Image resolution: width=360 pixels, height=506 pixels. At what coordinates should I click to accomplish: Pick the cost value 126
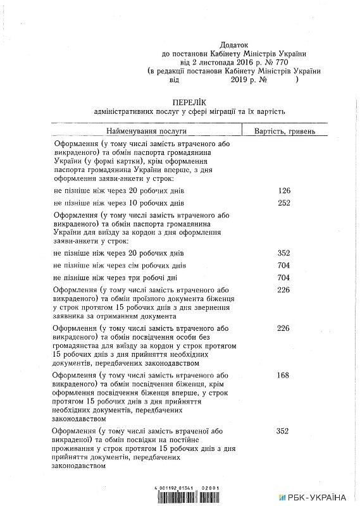(x=283, y=190)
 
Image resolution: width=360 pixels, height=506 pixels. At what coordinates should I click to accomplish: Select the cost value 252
(x=283, y=204)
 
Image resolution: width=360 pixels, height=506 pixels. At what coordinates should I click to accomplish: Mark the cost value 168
(x=283, y=376)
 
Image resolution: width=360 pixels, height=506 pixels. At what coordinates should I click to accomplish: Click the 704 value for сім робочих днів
(x=283, y=266)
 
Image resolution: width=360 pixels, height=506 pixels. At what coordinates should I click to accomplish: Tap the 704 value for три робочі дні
(x=283, y=278)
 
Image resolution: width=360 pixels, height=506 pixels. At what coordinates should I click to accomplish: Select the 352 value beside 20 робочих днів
(x=283, y=252)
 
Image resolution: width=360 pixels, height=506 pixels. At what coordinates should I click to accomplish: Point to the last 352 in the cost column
(x=283, y=431)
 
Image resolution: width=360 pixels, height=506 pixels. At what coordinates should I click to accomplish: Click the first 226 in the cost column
(x=283, y=290)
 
